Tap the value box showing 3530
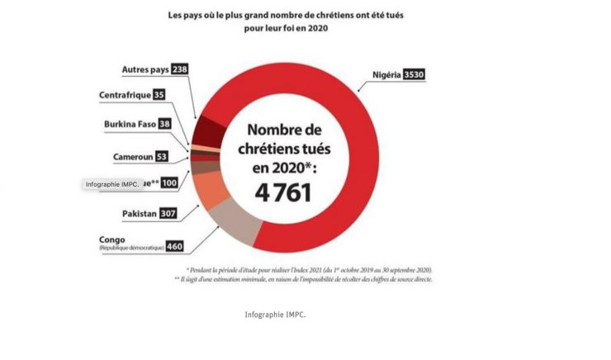tap(414, 74)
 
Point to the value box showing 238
tap(179, 70)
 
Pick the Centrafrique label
tap(125, 95)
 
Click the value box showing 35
tap(159, 95)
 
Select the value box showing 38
tap(165, 125)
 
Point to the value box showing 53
tap(161, 156)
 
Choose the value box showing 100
tap(169, 182)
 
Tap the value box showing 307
tap(168, 214)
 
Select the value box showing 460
tap(174, 245)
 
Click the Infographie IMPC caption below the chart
tap(276, 315)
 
